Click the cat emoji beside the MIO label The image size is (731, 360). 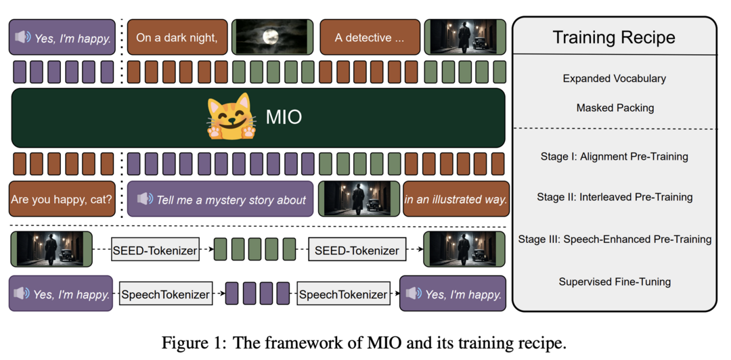point(231,116)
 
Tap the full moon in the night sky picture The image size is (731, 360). point(269,37)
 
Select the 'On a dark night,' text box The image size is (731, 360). point(177,37)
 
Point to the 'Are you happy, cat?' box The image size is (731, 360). point(62,199)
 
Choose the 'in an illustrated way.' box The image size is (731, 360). point(456,199)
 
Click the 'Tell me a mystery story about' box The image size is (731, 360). point(220,199)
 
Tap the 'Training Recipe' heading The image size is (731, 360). point(614,37)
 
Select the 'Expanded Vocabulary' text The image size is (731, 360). point(614,78)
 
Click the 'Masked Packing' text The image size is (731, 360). point(615,108)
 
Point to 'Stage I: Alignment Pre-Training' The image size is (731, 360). point(614,156)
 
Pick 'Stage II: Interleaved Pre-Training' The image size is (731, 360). point(615,197)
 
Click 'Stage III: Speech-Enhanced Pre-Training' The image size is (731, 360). point(615,240)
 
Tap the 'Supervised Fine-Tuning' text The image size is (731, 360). point(615,282)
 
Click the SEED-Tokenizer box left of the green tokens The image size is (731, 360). point(155,250)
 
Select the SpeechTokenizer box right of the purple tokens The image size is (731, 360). point(343,294)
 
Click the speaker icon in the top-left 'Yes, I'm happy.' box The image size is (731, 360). point(22,37)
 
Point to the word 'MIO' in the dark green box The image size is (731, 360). point(284,117)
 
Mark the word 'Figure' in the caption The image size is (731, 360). point(181,344)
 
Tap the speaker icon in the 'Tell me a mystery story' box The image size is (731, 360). point(145,199)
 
